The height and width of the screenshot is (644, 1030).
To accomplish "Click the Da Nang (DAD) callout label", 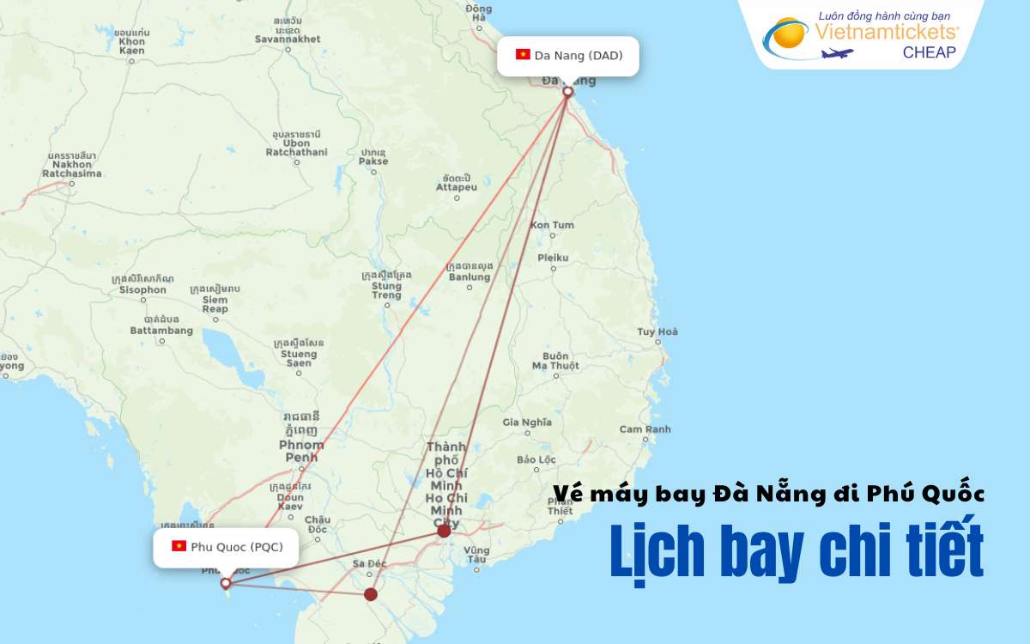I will pos(568,56).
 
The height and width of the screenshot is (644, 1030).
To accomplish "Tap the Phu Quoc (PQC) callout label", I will pos(226,546).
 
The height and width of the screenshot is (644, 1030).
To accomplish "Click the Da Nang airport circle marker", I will pos(567,91).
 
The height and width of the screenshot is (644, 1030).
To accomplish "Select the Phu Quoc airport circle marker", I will pos(226,583).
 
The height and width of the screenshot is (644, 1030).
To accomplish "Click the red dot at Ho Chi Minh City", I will pos(444,531).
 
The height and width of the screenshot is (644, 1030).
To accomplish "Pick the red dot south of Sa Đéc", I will pos(371,594).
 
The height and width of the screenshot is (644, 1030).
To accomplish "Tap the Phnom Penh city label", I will pos(301,451).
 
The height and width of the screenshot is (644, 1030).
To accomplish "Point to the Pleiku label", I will pos(553,258).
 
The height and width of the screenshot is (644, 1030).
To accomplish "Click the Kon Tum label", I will pos(552,225).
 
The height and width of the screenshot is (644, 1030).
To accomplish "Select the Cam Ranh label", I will pos(645,429).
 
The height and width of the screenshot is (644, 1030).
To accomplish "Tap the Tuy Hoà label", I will pos(657,332).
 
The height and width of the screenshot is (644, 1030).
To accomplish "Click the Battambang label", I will pos(161,331).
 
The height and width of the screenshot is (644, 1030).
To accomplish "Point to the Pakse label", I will pos(373,161).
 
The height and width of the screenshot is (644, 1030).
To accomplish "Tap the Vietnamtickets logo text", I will pos(887,33).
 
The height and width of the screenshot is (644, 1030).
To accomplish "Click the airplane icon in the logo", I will pos(838,53).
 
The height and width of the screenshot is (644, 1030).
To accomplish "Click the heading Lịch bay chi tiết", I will pos(797,551).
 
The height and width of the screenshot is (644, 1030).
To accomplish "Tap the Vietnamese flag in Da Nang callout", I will pos(523,55).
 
